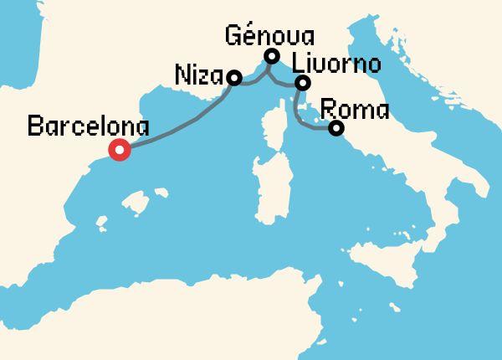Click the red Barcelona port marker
coord(120,151)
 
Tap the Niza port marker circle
coord(234,78)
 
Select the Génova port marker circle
coord(271,56)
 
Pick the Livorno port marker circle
coord(303,82)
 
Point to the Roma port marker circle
coord(336,128)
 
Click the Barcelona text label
coord(88,127)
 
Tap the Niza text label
coord(198,74)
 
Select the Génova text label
coord(270,36)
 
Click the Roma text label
coord(354,109)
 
